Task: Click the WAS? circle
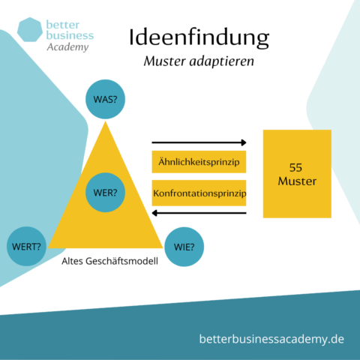point(106,99)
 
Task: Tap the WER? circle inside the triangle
point(106,191)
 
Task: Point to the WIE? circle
point(184,246)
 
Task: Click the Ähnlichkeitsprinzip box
point(199,162)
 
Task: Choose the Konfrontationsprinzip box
point(199,193)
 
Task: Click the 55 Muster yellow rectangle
point(297,173)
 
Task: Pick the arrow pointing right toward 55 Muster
point(199,142)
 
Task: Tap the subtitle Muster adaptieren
point(199,61)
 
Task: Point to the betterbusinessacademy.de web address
point(271,338)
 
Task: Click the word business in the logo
point(70,34)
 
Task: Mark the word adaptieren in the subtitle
point(223,61)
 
